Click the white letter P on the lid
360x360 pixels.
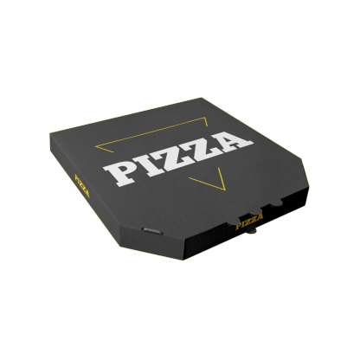coord(121,173)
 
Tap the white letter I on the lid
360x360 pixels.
coord(149,165)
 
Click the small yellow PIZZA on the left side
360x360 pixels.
coord(82,185)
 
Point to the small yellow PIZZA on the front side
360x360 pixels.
coord(249,223)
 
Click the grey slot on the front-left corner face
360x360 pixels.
coord(151,230)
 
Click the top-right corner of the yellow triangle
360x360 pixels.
coord(207,118)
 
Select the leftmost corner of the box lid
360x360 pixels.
coord(49,134)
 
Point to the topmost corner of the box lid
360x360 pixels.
coord(202,97)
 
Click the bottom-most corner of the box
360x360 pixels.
coord(183,260)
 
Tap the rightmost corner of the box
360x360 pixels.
coord(310,187)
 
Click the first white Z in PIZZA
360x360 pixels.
coord(177,157)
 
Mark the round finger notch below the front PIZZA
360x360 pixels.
coord(252,232)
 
